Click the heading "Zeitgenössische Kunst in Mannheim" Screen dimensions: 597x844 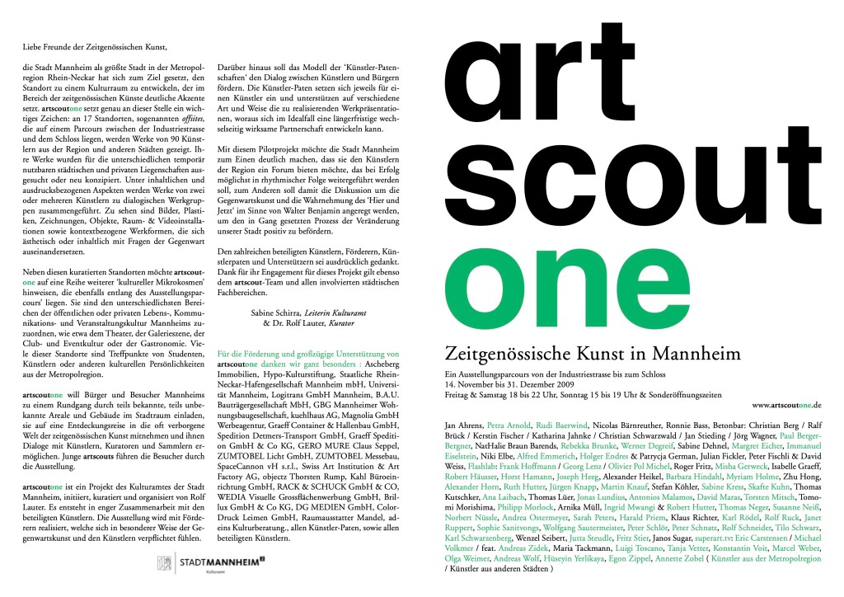592,354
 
